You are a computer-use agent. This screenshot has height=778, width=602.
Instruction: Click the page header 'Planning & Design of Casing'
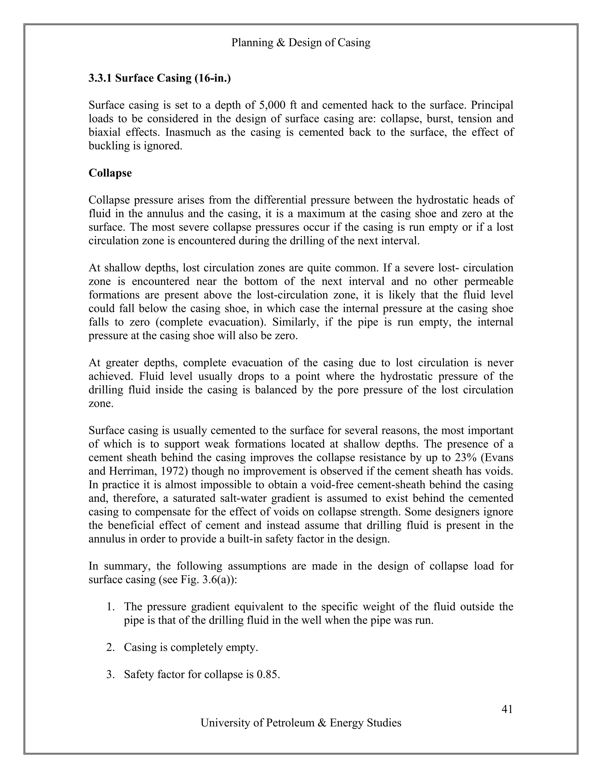(x=301, y=43)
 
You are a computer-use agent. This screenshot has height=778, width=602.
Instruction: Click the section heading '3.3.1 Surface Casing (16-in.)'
(x=159, y=78)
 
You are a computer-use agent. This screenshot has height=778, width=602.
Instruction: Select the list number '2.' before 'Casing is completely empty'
(x=110, y=647)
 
